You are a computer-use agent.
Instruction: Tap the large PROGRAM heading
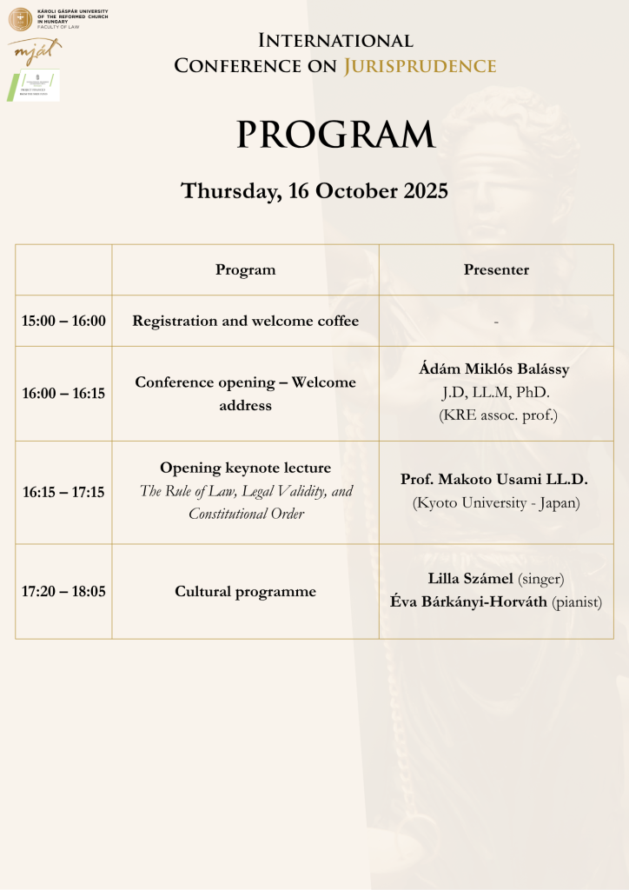point(335,135)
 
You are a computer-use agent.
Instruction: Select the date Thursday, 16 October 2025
point(314,191)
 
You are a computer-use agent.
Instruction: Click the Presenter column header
point(496,269)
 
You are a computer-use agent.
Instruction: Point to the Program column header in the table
point(245,269)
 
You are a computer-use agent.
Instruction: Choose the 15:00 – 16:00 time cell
point(63,321)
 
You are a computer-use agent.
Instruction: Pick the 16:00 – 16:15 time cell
point(63,393)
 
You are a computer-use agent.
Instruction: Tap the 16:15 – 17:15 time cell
point(63,492)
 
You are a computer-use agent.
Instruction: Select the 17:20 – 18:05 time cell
point(63,591)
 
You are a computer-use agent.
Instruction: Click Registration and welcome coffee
point(245,321)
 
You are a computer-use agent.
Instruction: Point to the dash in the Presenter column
point(496,322)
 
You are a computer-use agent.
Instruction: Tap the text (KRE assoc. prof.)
point(497,415)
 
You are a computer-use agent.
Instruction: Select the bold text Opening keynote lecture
point(245,468)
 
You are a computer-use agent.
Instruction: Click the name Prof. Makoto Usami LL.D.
point(494,479)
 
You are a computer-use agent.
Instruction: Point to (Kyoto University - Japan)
point(496,502)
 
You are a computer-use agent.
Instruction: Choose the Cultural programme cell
point(245,591)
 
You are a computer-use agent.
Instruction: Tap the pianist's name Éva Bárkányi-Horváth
point(483,601)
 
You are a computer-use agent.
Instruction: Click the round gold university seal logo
point(20,19)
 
